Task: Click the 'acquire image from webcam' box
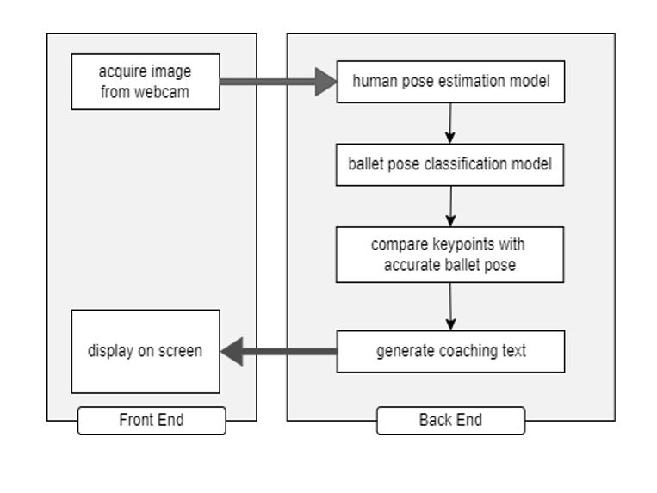point(146,82)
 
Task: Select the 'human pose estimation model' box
point(450,82)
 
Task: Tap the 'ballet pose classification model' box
point(450,164)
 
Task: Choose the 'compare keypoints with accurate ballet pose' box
point(450,255)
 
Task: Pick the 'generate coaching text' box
point(450,351)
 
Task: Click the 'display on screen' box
point(146,351)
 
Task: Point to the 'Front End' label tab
point(152,421)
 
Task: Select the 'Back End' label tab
point(450,421)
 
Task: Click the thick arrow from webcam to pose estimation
point(276,82)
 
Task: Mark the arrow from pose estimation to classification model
point(449,123)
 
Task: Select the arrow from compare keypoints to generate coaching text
point(449,306)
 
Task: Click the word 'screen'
point(181,351)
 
